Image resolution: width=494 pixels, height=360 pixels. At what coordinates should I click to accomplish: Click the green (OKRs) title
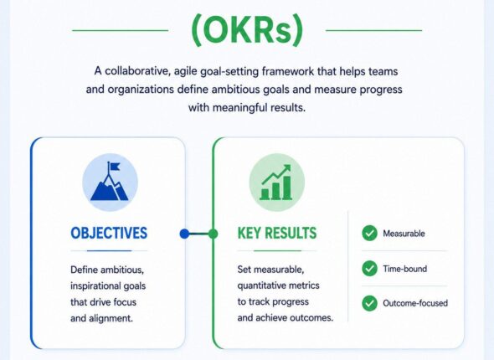pos(247,30)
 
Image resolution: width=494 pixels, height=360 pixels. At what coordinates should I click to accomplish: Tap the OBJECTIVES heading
pos(109,233)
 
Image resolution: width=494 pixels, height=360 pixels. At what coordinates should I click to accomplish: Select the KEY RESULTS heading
pos(277,233)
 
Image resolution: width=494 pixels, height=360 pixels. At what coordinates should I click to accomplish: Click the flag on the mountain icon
pos(114,167)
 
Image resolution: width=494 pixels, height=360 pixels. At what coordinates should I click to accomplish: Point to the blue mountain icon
pos(110,182)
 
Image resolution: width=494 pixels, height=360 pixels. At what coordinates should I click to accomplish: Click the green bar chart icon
pos(276,183)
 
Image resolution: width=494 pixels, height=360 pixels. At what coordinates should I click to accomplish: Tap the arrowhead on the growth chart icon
pos(286,168)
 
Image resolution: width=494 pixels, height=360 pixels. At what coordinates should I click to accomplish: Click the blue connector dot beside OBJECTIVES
pos(184,234)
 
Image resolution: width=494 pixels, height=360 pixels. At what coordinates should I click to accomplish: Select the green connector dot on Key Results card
pos(213,234)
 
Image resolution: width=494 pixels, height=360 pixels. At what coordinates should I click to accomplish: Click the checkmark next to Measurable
pos(369,234)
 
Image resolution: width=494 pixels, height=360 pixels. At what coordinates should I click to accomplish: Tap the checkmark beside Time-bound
pos(369,269)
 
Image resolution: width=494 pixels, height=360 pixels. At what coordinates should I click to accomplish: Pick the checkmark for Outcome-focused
pos(369,303)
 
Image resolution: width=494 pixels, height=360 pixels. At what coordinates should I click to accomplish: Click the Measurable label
pos(404,234)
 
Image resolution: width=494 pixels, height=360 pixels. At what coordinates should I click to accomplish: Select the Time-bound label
pos(405,269)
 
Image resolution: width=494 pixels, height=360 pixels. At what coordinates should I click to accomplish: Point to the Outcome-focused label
pos(415,303)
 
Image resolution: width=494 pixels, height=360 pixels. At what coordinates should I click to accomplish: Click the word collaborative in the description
pos(137,71)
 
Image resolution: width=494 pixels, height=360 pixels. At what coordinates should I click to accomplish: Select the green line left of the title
pos(120,30)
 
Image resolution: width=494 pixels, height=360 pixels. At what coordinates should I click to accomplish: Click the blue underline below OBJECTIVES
pos(109,250)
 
